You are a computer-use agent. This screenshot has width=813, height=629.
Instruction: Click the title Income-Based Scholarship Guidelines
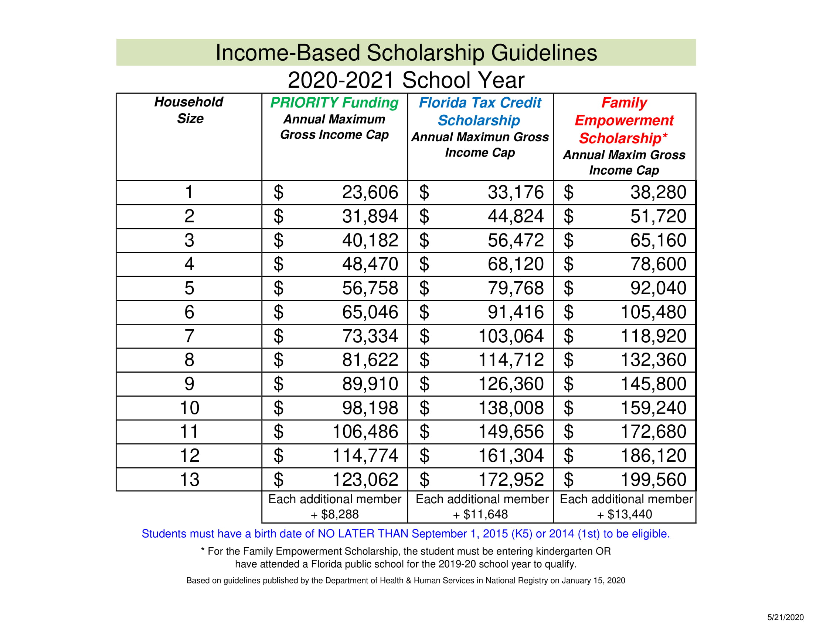(406, 53)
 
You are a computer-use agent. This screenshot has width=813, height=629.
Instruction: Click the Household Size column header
(189, 110)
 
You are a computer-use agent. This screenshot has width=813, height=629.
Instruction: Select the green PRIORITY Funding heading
(334, 102)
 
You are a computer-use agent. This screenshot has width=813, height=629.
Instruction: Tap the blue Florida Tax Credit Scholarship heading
(479, 111)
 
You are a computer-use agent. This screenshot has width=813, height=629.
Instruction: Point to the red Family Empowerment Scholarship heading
(624, 120)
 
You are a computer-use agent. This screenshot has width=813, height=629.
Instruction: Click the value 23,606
(370, 192)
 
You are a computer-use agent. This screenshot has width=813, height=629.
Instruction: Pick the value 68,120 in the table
(516, 264)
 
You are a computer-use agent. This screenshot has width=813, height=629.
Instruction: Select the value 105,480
(653, 312)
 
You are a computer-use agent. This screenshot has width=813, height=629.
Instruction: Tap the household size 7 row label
(189, 336)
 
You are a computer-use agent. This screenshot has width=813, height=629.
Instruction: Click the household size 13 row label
(189, 480)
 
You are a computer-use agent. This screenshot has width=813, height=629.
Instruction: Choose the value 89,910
(370, 384)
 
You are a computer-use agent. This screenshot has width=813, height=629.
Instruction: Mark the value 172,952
(511, 480)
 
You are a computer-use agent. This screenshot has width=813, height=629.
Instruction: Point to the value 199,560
(653, 480)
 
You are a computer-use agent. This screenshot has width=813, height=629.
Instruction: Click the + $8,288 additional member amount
(335, 515)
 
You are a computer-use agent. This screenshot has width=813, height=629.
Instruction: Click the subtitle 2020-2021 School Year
(406, 80)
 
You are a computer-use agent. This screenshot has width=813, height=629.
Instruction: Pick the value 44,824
(516, 216)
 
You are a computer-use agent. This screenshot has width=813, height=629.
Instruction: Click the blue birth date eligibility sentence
(406, 534)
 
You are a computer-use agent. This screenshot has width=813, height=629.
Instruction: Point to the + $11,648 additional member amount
(480, 515)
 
